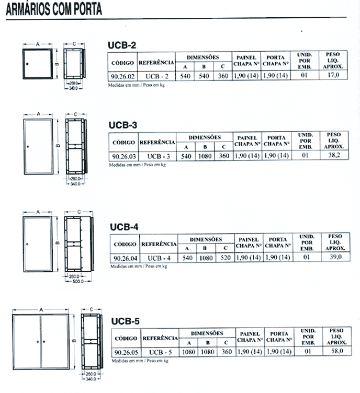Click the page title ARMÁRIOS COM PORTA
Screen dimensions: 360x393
coord(54,9)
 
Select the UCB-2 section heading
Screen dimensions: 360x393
coord(122,45)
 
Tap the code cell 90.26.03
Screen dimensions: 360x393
coord(124,156)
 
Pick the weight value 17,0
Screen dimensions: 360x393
coord(333,75)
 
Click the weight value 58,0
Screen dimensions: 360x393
coord(337,351)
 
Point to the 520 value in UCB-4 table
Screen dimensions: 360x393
coord(226,258)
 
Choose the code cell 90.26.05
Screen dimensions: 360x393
coord(126,352)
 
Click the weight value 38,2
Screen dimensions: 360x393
coord(334,155)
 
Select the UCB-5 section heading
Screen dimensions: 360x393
coord(126,321)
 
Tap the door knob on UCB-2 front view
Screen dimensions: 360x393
coord(27,64)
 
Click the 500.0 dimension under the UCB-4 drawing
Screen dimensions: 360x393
coord(78,281)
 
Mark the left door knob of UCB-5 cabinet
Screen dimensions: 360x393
coord(38,341)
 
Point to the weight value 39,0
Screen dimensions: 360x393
coord(335,257)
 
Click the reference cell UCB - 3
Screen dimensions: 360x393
coord(159,156)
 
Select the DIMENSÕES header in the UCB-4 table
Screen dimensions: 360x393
coord(206,239)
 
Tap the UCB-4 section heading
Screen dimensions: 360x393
coord(124,227)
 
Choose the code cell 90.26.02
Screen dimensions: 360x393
coord(122,76)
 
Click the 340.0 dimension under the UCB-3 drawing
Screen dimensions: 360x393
coord(75,184)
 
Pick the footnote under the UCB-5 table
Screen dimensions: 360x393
coord(140,361)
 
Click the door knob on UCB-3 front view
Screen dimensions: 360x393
coord(28,146)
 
